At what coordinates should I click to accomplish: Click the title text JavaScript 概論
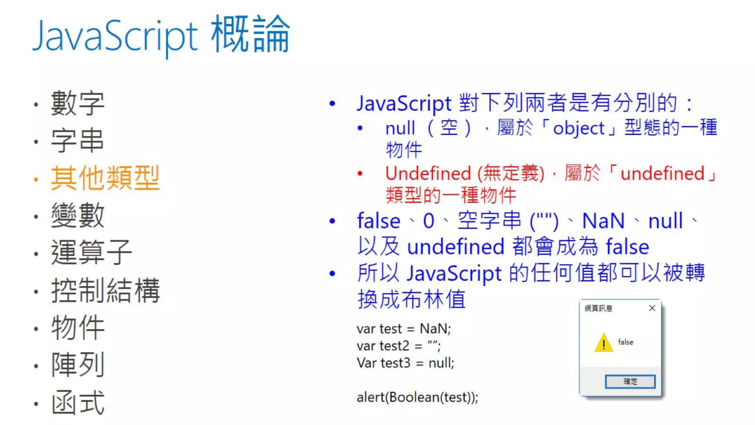(161, 35)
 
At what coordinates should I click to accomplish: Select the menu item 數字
(78, 103)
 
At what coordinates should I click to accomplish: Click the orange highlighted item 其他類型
(105, 178)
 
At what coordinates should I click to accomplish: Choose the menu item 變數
(78, 215)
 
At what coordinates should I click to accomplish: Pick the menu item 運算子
(91, 252)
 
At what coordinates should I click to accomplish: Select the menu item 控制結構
(105, 290)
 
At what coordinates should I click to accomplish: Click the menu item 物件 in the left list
(78, 328)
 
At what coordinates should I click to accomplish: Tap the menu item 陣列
(78, 364)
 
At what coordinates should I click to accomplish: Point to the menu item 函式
(78, 402)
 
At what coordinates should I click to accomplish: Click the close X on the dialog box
(652, 308)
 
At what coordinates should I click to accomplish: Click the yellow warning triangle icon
(603, 343)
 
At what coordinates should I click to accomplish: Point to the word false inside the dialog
(625, 342)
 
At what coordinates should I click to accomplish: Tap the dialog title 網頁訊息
(598, 308)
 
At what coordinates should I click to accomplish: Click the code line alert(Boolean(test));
(417, 397)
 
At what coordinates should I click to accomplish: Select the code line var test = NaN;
(404, 328)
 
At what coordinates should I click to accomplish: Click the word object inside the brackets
(579, 128)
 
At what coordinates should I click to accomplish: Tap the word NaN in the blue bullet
(603, 221)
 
